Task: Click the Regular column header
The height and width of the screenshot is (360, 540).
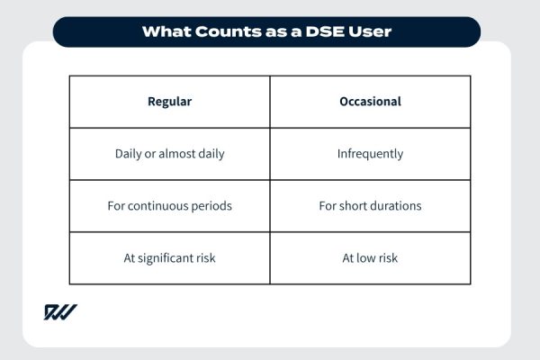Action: click(x=169, y=102)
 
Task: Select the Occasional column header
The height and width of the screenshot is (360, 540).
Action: click(x=370, y=102)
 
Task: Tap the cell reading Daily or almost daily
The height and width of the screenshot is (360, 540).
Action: click(x=169, y=154)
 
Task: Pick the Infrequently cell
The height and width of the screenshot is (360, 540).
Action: click(x=370, y=154)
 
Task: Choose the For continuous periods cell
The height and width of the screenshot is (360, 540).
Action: click(x=169, y=206)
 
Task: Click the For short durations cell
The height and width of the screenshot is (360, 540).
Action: click(x=370, y=206)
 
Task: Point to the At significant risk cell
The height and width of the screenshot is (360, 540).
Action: click(x=169, y=258)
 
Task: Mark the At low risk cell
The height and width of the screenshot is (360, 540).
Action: click(x=370, y=258)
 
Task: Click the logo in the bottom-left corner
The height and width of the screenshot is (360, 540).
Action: click(x=60, y=312)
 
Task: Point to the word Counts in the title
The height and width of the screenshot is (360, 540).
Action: click(x=224, y=31)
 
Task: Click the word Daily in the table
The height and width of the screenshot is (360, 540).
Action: click(x=130, y=154)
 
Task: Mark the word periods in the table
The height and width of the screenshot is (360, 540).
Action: click(x=211, y=206)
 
